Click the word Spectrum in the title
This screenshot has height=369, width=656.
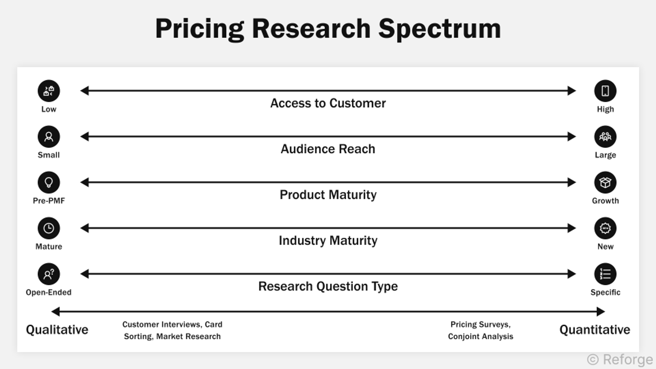coord(440,29)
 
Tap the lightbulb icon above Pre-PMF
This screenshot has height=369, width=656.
coord(49,182)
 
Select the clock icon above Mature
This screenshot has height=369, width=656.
coord(49,228)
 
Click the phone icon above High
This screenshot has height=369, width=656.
coord(605,91)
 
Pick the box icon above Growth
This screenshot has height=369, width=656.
coord(605,182)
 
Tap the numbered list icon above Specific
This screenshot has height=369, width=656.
coord(605,274)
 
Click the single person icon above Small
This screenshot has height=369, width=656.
coord(49,136)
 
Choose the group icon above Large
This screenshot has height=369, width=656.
coord(605,136)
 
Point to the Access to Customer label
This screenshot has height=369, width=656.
coord(328,103)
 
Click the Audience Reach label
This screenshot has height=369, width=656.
coord(328,149)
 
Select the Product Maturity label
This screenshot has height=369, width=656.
coord(328,195)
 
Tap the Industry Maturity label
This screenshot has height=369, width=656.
coord(328,240)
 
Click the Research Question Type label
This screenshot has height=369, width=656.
coord(328,286)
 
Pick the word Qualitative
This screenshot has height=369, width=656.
coord(57,330)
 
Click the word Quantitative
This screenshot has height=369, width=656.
coord(595,330)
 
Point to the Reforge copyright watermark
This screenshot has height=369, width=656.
coord(620,359)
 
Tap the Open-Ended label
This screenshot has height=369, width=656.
coord(49,292)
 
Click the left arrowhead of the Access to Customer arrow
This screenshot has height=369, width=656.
coord(85,91)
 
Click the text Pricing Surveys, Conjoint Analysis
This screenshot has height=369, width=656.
coord(481,330)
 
